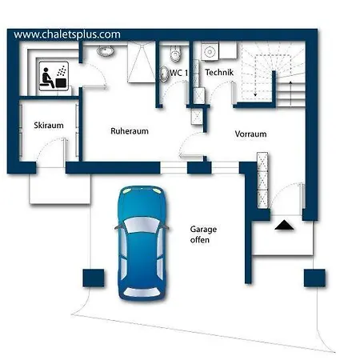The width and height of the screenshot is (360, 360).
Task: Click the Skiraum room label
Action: (x=49, y=126)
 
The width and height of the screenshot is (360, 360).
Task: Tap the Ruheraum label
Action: (x=130, y=131)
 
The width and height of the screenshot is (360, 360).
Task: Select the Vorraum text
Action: (x=250, y=134)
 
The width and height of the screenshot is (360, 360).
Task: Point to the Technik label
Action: (x=219, y=72)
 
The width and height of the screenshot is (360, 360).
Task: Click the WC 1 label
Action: (x=179, y=73)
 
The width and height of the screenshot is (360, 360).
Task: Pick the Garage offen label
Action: (x=203, y=234)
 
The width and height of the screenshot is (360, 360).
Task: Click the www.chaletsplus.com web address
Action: (x=67, y=34)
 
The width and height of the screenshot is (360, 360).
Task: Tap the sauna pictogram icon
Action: (x=54, y=76)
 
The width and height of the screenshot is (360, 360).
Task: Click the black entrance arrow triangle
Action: (x=284, y=226)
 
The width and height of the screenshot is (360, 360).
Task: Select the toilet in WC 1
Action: (x=175, y=53)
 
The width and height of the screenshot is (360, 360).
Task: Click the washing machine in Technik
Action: (x=210, y=51)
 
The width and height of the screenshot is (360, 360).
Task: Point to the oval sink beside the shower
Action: (x=106, y=50)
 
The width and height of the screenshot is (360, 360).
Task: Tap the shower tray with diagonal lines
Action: (x=141, y=62)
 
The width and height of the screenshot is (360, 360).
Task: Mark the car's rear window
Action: (x=142, y=292)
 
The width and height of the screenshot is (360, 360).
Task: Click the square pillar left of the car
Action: (x=94, y=278)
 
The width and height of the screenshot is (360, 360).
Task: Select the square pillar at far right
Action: (x=314, y=278)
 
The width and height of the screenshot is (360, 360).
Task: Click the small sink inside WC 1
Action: (x=163, y=74)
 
